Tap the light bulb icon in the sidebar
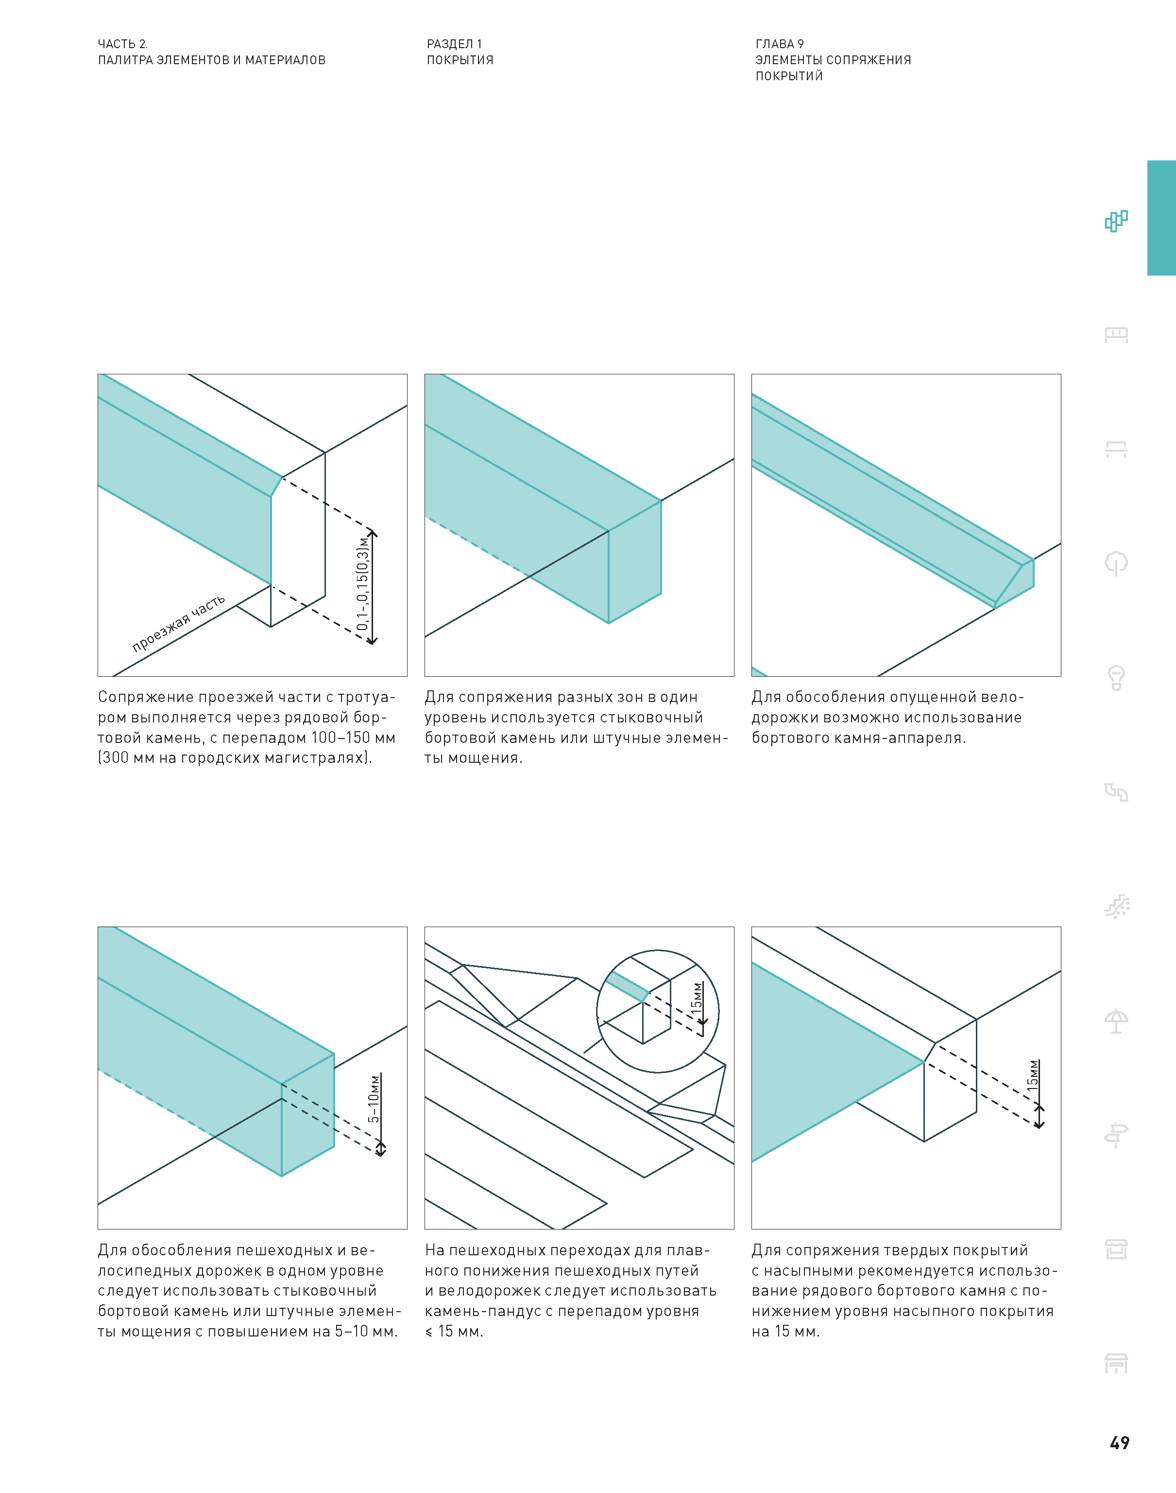[x=1116, y=677]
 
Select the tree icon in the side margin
[x=1116, y=563]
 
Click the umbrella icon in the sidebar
[x=1116, y=1020]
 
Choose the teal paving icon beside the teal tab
[x=1116, y=221]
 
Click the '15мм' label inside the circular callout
[x=698, y=996]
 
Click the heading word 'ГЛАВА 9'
[x=780, y=43]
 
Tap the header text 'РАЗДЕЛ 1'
[x=455, y=43]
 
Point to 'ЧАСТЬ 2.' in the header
[x=122, y=43]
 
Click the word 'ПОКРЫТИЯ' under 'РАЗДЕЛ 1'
[x=460, y=60]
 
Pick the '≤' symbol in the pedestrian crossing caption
[x=429, y=1331]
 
